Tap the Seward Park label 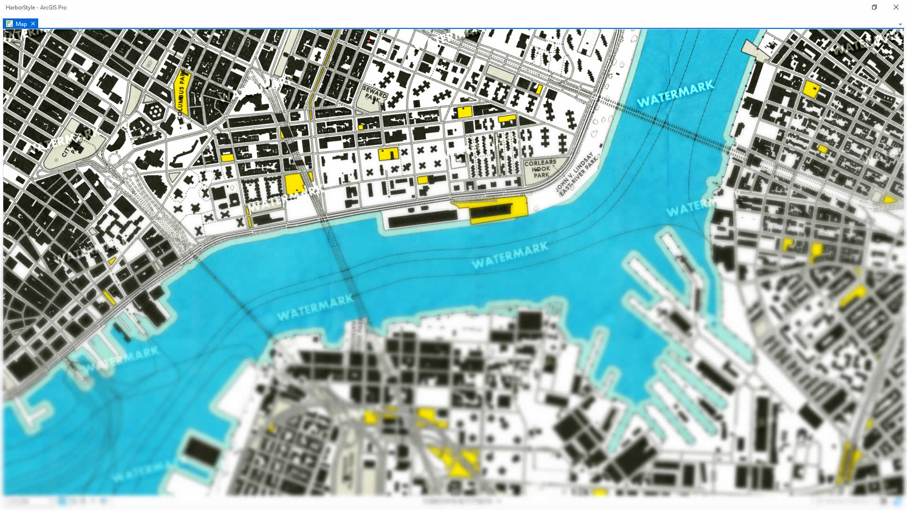pyautogui.click(x=375, y=93)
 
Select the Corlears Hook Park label pyautogui.click(x=540, y=169)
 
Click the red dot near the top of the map pyautogui.click(x=368, y=41)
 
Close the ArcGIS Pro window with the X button pyautogui.click(x=896, y=7)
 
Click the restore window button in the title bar pyautogui.click(x=874, y=7)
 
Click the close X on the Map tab pyautogui.click(x=33, y=24)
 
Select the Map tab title pyautogui.click(x=21, y=24)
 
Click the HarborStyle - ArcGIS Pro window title pyautogui.click(x=36, y=7)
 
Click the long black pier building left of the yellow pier pyautogui.click(x=423, y=219)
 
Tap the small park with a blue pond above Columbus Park pyautogui.click(x=149, y=63)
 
